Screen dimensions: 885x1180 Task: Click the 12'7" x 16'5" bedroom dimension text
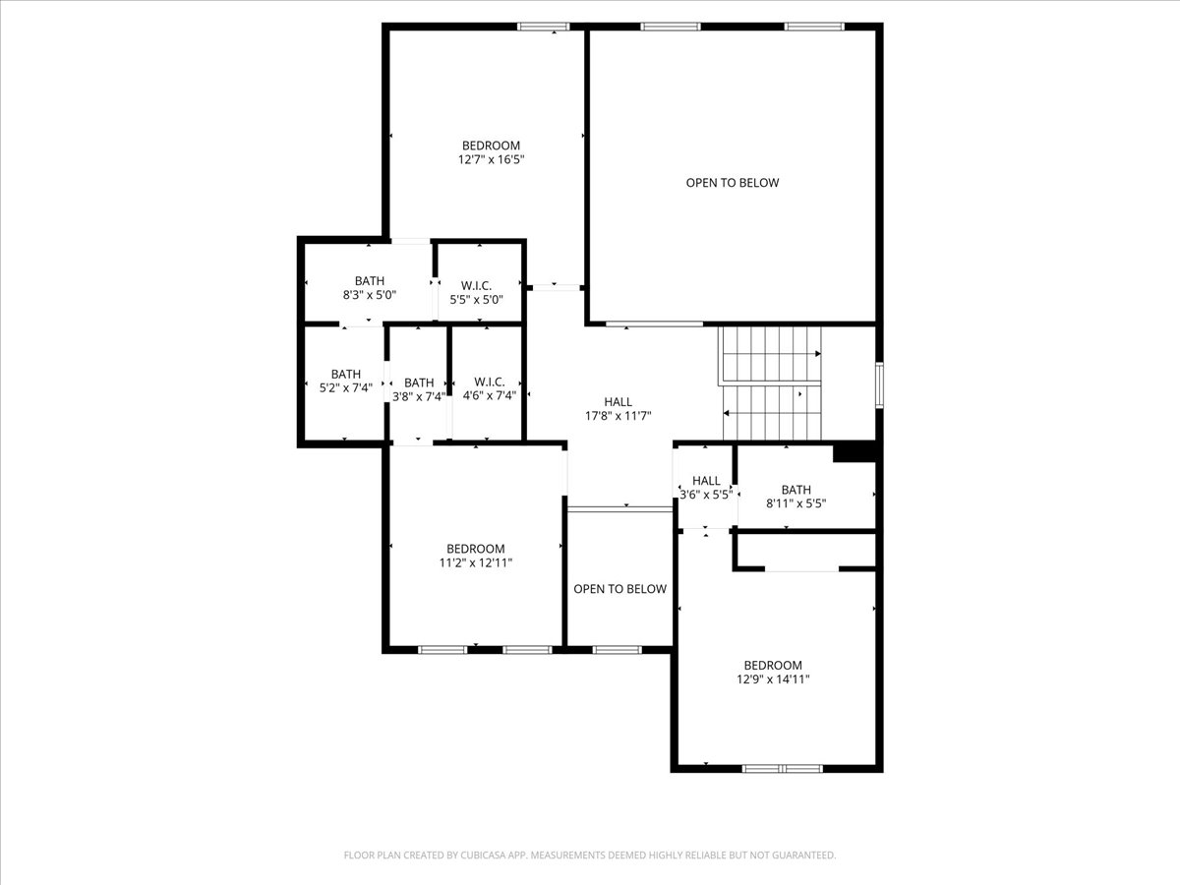[x=490, y=159]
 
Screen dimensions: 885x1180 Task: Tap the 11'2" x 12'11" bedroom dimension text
[x=475, y=563]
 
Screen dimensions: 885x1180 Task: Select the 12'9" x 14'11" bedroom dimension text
[x=773, y=679]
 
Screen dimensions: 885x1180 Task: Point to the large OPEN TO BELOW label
[x=732, y=183]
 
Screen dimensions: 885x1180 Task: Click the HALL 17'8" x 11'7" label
[x=618, y=409]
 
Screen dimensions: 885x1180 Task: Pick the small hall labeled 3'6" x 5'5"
[x=706, y=488]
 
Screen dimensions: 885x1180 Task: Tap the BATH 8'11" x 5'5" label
[x=796, y=496]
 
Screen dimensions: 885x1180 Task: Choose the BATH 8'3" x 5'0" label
[x=370, y=287]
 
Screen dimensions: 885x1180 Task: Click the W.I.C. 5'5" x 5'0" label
[x=476, y=293]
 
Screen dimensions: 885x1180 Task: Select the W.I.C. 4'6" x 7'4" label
[x=489, y=389]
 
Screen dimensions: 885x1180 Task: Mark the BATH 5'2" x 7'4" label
[x=345, y=381]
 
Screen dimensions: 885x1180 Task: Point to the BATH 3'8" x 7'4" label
[x=418, y=390]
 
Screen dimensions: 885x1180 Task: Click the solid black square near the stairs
[x=854, y=452]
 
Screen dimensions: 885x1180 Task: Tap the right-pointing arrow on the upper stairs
[x=816, y=353]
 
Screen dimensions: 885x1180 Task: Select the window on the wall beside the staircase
[x=880, y=384]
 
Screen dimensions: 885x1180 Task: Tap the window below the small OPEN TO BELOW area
[x=618, y=649]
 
